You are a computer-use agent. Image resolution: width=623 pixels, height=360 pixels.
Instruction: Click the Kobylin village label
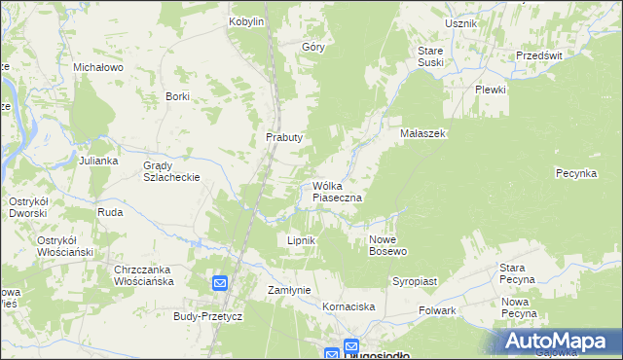coord(246,21)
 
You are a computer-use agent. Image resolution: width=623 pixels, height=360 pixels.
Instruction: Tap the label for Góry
coord(312,47)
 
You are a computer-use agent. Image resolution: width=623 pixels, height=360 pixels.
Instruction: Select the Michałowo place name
coord(97,68)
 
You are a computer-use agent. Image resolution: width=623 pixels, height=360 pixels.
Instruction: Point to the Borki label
coord(177,96)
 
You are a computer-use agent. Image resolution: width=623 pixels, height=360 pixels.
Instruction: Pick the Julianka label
coord(98,161)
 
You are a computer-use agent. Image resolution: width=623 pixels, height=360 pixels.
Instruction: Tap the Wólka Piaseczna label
coord(338,192)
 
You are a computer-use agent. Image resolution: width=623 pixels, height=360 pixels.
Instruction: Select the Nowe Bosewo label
coord(387,245)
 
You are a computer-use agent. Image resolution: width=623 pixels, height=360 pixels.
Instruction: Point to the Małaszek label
coord(422,133)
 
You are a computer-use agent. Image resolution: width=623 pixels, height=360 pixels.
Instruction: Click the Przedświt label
coord(539,56)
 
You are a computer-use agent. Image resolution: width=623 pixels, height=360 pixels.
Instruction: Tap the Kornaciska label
coord(348,307)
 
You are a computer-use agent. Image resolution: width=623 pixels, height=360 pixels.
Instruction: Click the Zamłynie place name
coord(288,290)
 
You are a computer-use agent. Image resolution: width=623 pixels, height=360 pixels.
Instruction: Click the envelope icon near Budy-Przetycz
coord(220,283)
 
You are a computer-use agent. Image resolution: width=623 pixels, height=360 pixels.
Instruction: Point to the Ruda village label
coord(109,211)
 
